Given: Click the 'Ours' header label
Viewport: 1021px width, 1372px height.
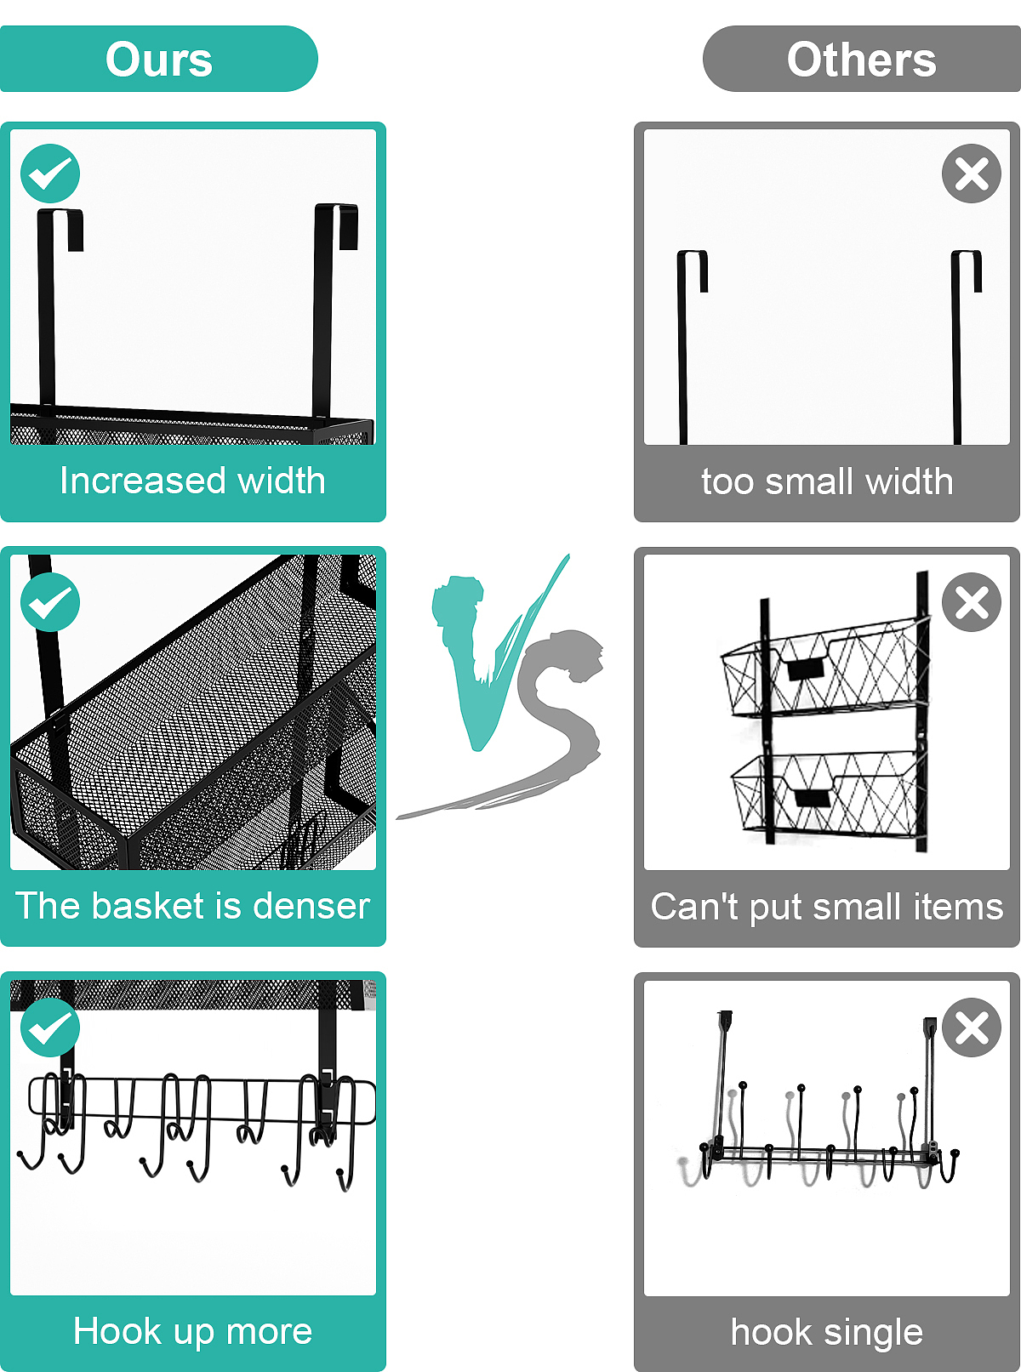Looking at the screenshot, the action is point(158,60).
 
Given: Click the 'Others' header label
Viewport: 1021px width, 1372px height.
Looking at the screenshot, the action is point(861,60).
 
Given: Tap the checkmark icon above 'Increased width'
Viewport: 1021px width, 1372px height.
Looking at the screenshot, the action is point(50,174).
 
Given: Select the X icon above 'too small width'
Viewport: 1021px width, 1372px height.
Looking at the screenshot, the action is point(972,174).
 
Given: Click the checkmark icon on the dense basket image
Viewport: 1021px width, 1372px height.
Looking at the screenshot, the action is point(50,602).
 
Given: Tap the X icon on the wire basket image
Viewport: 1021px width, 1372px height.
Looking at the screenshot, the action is point(972,602).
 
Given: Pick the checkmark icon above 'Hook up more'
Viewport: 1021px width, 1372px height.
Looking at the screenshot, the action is point(50,1028).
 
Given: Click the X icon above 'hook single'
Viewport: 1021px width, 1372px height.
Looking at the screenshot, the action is point(972,1028).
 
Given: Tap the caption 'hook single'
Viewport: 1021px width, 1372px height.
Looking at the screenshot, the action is point(827,1333).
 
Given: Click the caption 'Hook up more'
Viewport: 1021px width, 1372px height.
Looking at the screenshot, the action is point(192,1332).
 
